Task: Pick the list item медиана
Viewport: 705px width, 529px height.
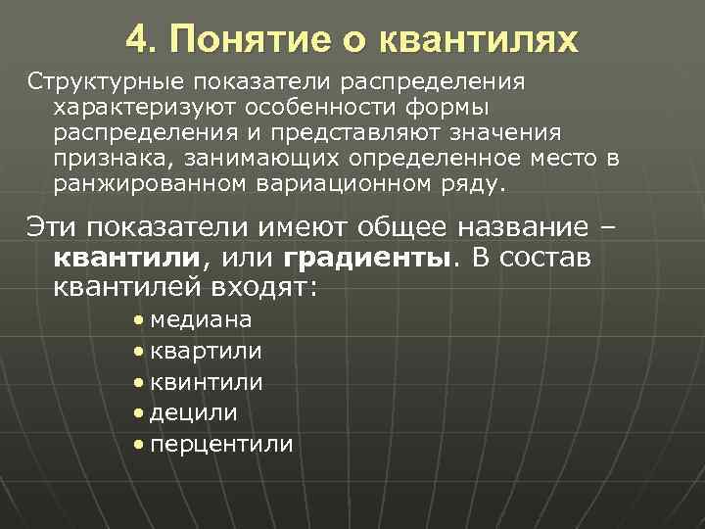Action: coord(201,319)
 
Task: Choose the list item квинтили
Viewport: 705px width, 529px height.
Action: coord(207,381)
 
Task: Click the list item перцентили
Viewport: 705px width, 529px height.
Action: coord(221,444)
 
